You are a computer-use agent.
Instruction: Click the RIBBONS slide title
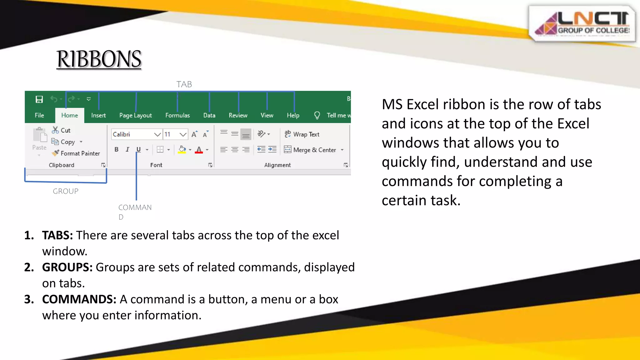coord(99,59)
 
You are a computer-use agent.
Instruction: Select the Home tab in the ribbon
coord(69,115)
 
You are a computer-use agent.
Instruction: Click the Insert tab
coord(98,115)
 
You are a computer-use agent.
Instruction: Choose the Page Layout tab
coord(135,115)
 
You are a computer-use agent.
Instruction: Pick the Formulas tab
coord(177,115)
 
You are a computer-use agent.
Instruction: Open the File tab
coord(39,115)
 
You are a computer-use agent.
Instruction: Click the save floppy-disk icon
coord(39,99)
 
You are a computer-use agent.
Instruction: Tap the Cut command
coord(62,130)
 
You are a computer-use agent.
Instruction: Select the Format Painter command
coord(77,153)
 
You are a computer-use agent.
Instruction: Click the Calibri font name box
coord(133,134)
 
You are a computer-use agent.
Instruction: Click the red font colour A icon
coord(199,150)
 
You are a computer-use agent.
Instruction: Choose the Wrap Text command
coord(302,134)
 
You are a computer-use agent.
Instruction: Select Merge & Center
coord(311,150)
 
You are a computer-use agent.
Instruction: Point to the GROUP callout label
coord(66,191)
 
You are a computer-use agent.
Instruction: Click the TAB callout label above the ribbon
coord(184,84)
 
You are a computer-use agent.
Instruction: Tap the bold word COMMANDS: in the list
coord(79,299)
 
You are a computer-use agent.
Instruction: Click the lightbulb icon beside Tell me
coord(317,115)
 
